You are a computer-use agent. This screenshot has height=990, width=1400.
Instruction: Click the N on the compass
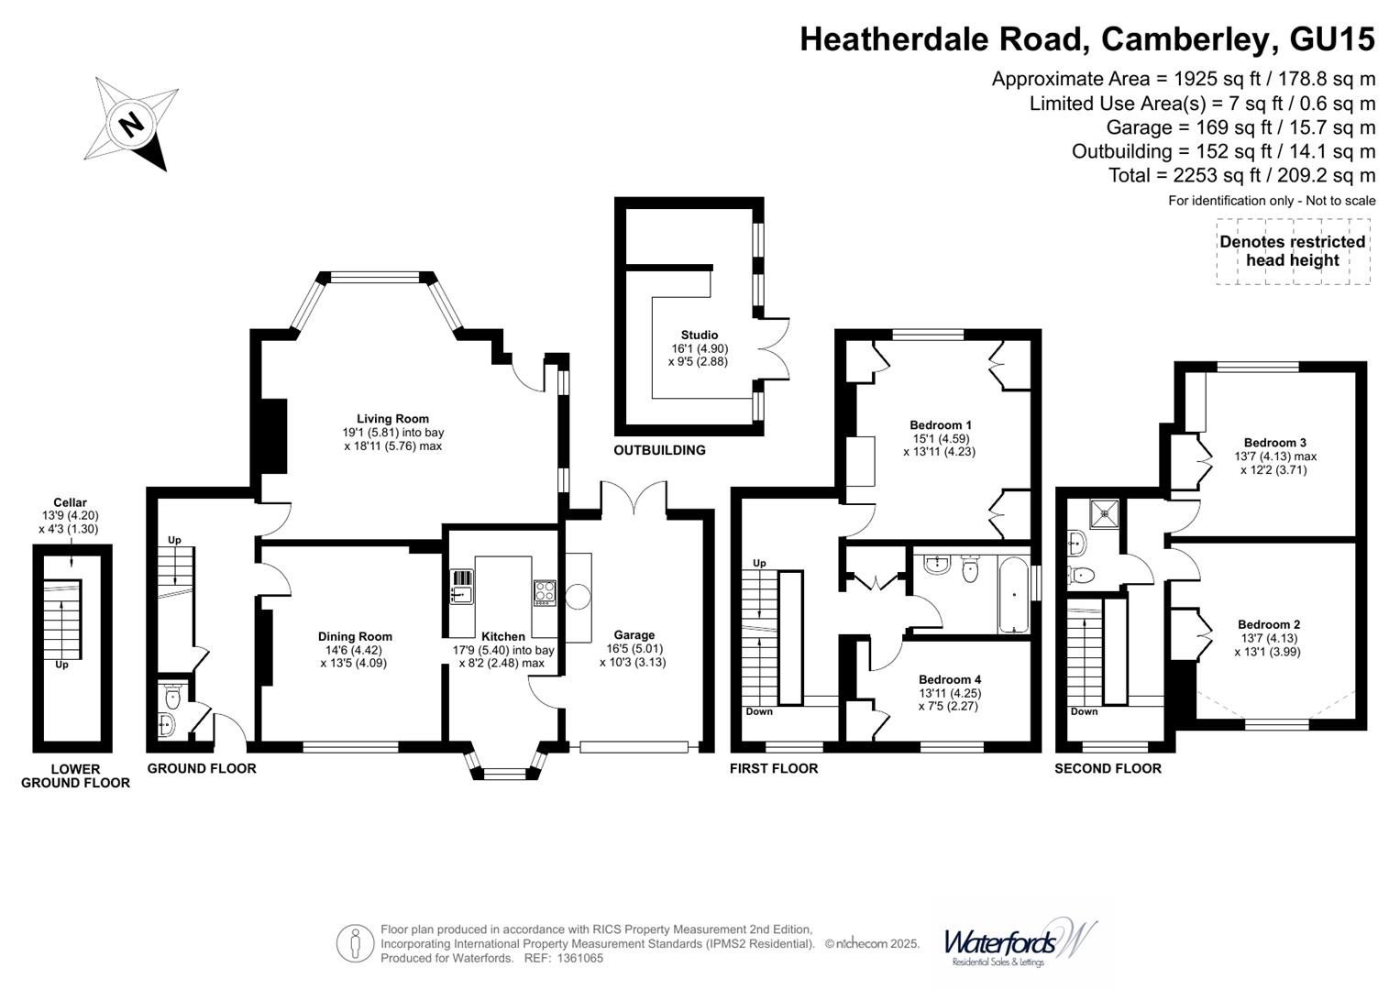pos(131,125)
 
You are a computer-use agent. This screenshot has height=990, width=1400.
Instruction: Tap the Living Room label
pos(392,419)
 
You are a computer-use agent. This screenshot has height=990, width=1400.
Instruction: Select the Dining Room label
pos(355,636)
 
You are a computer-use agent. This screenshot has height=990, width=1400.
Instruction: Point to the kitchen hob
pos(545,592)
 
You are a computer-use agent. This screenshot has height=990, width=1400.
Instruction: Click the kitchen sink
pos(462,587)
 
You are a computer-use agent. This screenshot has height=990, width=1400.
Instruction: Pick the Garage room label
pos(634,635)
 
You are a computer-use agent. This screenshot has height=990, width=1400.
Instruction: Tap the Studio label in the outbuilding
pos(700,335)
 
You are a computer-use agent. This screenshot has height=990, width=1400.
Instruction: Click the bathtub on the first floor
pos(1013,594)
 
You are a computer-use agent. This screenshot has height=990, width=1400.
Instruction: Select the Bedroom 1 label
pos(940,425)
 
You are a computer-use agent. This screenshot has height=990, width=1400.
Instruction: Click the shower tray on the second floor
pos(1106,513)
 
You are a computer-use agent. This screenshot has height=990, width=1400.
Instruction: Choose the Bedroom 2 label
pos(1269,624)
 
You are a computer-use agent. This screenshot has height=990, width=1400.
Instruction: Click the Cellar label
pos(70,502)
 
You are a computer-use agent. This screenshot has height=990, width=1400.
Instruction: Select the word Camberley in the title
pos(1184,38)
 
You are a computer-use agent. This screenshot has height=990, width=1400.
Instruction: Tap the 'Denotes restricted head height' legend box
pos(1293,251)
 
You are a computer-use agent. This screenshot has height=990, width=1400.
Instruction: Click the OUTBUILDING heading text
pos(659,450)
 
